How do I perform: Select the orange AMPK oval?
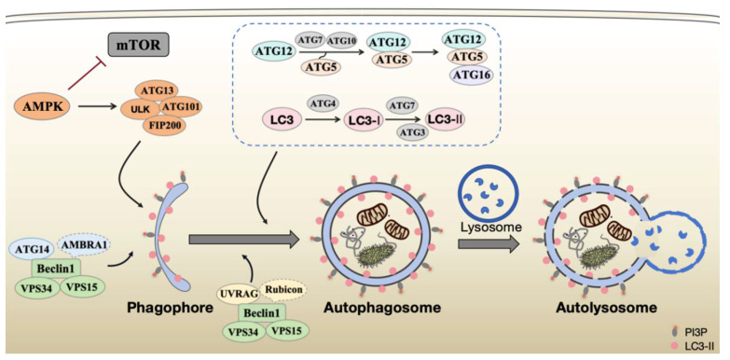tap(42, 106)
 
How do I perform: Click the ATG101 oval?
tap(181, 107)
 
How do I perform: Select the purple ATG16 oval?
tap(470, 75)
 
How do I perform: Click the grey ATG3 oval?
tap(414, 132)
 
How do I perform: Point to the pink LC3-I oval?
tap(363, 120)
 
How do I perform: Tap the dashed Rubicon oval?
tap(283, 291)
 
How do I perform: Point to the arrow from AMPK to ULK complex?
tap(97, 106)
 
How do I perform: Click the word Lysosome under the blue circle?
tap(489, 228)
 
